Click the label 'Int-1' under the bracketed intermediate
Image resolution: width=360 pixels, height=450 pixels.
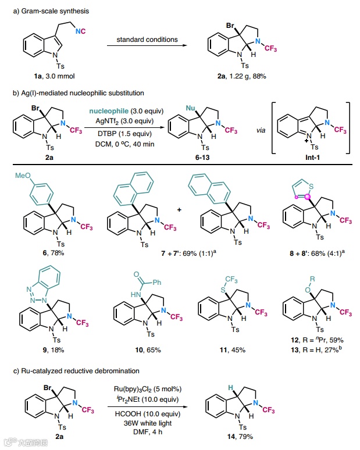coord(311,163)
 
